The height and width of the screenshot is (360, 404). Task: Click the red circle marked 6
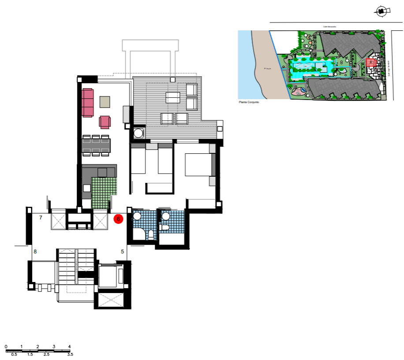118,219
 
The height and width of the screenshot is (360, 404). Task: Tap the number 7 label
41,218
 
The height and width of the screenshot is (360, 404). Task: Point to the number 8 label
35,252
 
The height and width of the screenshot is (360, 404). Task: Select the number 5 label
122,252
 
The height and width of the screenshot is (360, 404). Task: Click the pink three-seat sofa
88,103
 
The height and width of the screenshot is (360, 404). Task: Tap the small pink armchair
105,122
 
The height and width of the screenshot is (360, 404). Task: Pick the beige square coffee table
105,102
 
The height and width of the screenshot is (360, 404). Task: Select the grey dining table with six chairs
96,145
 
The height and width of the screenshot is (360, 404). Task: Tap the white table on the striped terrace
173,97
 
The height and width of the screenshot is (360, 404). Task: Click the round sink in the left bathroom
137,216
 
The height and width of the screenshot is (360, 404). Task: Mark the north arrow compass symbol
382,12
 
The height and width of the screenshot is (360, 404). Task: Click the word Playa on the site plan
267,69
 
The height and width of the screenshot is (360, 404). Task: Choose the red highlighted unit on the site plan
370,63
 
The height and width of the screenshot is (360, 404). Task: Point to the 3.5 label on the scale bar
70,354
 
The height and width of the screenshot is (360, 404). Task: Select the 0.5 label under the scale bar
14,354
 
